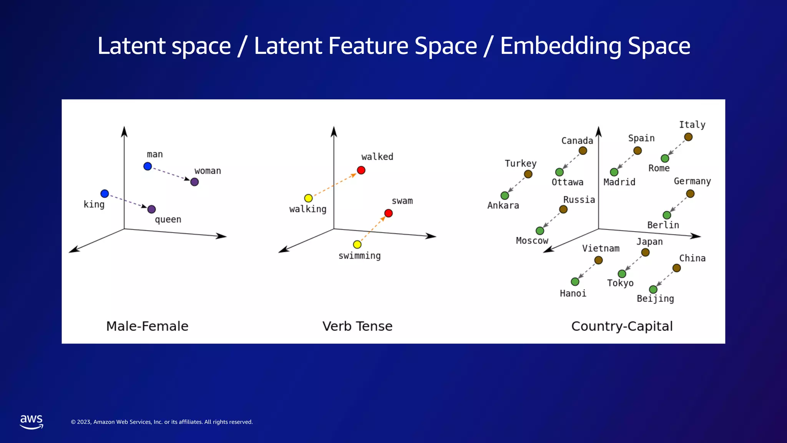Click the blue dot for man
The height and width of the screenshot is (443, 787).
coord(148,166)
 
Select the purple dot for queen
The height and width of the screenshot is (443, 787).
coord(151,209)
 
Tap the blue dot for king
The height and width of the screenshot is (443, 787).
coord(105,193)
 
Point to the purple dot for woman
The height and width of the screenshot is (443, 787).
coord(194,182)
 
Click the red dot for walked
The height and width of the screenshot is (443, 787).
coord(361,170)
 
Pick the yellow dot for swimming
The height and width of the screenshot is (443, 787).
coord(357,244)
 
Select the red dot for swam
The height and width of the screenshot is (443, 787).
coord(389,213)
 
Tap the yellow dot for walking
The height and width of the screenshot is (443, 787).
coord(308,198)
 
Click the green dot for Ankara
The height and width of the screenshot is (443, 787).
coord(505,196)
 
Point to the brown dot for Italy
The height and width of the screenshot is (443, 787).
coord(688,137)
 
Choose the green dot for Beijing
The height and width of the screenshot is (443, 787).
coord(653,289)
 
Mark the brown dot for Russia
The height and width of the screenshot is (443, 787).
coord(563,209)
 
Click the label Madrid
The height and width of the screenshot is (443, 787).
coord(619,182)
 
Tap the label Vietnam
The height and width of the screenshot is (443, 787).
coord(601,248)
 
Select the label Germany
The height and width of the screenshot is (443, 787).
coord(692,181)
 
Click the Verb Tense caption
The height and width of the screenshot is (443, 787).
coord(357,326)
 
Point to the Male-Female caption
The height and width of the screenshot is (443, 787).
coord(147,326)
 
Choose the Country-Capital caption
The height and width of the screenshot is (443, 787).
coord(622,326)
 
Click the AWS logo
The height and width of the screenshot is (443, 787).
coord(32,421)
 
